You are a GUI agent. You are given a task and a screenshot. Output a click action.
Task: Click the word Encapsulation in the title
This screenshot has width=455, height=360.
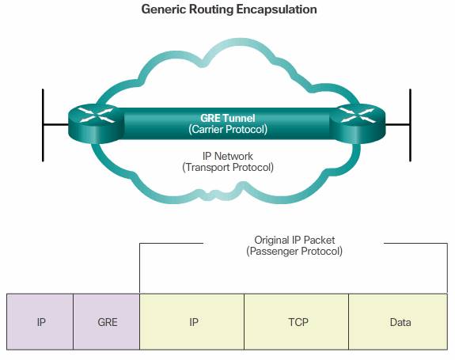point(276,9)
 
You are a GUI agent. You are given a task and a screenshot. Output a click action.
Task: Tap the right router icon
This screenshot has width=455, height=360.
point(358,123)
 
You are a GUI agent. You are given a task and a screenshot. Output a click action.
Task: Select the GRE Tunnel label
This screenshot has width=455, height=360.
point(228,118)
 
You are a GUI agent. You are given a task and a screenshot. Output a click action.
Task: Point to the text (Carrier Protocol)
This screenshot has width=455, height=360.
point(228,130)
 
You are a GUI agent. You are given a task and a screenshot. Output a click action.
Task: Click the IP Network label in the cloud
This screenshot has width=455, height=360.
point(228,156)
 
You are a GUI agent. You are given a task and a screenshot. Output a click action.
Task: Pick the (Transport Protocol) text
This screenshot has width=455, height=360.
point(228,168)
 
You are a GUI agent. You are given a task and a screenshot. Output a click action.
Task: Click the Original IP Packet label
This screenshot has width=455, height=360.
point(294,240)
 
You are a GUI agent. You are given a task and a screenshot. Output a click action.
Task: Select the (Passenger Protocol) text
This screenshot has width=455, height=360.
point(294,251)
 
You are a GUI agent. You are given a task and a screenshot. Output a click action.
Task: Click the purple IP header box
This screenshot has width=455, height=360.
point(40,322)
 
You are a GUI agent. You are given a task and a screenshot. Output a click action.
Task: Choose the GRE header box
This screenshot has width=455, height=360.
point(107,322)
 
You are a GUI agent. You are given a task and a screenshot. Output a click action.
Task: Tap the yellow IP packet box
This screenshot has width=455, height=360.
point(191,322)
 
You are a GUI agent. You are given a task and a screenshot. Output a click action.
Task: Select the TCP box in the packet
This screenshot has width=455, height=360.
point(296,322)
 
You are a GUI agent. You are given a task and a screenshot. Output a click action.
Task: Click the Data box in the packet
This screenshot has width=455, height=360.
point(398,322)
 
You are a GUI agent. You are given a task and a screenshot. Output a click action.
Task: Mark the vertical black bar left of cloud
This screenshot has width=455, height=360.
point(43,125)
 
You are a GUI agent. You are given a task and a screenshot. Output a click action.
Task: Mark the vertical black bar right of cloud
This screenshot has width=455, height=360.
point(411,125)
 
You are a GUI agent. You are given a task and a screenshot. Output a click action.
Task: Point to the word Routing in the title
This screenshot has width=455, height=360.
point(211,9)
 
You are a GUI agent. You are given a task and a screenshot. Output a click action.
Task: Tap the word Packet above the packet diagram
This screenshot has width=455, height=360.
point(320,240)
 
